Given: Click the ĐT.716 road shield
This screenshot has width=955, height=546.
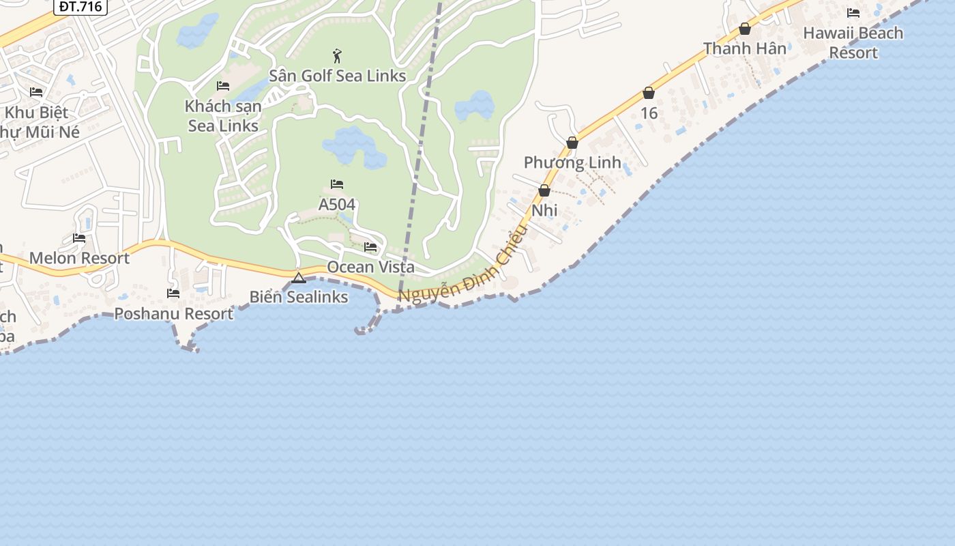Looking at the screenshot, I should tap(80, 7).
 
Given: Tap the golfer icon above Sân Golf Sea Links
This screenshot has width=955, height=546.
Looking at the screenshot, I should tap(337, 56).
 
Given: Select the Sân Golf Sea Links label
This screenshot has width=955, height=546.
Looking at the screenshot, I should tap(338, 76).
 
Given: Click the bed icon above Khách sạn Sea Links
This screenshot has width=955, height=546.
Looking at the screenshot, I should tap(223, 86).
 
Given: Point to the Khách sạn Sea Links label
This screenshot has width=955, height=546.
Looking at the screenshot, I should tap(223, 116).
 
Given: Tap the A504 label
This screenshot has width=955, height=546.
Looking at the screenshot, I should tap(337, 204).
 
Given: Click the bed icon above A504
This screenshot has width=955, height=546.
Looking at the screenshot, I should tap(337, 184).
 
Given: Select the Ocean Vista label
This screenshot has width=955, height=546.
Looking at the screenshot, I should tap(370, 267).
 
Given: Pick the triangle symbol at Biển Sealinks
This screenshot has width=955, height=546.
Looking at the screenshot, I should tap(299, 278).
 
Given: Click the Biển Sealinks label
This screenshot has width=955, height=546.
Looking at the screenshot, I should tap(299, 297).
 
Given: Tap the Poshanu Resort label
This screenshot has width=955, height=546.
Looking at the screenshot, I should tap(173, 314).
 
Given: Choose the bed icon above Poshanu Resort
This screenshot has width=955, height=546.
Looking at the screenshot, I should tap(173, 293).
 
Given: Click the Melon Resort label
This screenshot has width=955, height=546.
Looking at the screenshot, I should tap(79, 258).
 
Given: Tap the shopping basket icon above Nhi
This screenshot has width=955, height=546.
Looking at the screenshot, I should tap(544, 190).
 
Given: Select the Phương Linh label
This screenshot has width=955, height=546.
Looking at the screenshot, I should tap(572, 162).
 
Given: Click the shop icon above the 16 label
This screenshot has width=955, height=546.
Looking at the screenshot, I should tap(649, 93).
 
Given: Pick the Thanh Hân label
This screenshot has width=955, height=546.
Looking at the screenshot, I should tap(745, 48).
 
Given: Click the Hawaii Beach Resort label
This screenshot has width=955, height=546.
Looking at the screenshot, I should tap(853, 42).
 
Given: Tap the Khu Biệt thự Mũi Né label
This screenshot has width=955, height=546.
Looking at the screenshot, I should tap(38, 121).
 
